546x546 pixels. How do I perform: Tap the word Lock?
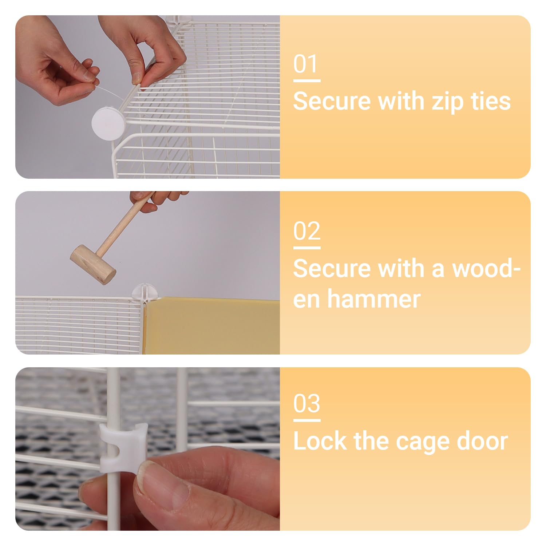(x=319, y=441)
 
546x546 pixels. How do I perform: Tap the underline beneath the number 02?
(x=307, y=248)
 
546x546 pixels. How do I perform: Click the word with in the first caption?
(x=401, y=101)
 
